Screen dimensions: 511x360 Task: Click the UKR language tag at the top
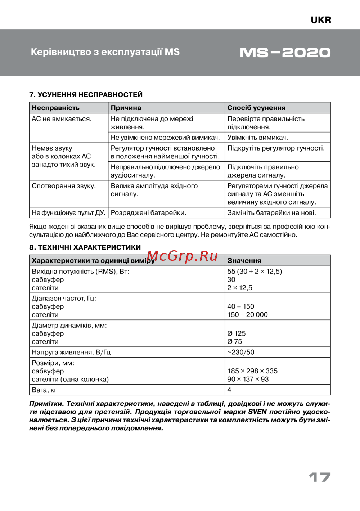coord(321,20)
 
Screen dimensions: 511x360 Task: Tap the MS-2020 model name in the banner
coord(285,53)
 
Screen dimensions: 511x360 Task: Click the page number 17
coord(320,478)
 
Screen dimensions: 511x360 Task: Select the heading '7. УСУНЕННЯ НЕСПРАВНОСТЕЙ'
coord(86,95)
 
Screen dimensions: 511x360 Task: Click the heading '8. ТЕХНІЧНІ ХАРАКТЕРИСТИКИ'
coord(85,247)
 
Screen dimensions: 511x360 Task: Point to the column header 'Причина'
coord(126,108)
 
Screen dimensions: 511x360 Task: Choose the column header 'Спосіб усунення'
coord(256,108)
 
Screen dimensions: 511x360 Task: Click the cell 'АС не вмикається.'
coord(62,119)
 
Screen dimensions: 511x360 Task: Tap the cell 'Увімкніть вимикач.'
coord(258,138)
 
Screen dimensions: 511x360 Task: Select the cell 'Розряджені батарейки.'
coord(148,213)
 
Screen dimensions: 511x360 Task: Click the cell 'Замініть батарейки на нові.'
coord(271,213)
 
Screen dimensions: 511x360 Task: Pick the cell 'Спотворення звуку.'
coord(64,186)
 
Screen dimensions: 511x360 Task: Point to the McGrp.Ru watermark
coord(182,256)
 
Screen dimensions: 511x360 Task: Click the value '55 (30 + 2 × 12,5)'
coord(255,272)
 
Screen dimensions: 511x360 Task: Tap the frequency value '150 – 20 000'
coord(248,315)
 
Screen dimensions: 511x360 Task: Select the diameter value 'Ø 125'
coord(237,333)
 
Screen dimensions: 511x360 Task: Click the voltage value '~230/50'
coord(240,352)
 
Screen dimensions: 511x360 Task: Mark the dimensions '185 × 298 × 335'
coord(252,371)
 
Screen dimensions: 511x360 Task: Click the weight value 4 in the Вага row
coord(229,390)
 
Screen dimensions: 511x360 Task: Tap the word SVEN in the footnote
coord(257,412)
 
